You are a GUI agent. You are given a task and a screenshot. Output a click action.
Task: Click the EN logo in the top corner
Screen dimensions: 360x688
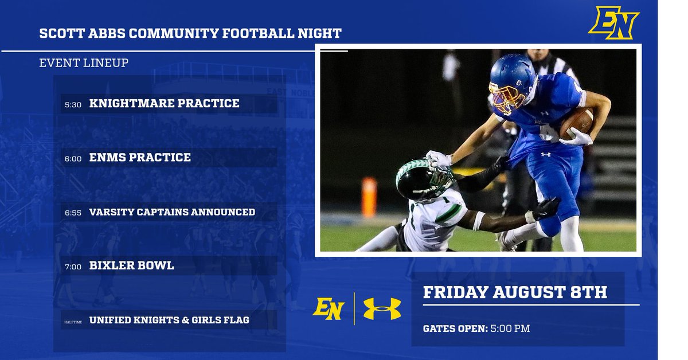613,23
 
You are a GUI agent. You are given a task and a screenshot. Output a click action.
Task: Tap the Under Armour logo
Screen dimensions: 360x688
382,308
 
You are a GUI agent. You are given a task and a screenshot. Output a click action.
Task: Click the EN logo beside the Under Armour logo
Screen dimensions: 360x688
328,308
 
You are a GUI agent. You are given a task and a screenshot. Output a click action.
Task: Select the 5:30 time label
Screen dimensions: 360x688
73,105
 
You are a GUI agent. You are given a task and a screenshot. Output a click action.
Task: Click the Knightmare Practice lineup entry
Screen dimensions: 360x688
164,104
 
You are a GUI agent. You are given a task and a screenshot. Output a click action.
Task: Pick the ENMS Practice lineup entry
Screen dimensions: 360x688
140,157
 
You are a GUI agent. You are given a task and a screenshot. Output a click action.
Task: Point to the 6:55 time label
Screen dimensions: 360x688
73,213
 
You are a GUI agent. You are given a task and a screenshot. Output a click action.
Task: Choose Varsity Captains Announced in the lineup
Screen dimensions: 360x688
172,212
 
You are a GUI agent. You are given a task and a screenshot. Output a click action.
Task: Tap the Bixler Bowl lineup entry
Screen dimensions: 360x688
131,266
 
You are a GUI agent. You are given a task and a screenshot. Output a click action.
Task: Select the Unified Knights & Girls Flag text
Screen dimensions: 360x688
169,320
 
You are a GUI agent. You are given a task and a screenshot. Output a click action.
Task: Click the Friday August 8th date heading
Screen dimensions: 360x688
515,292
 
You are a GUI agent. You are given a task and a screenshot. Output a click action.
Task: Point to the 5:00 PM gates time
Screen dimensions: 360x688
510,328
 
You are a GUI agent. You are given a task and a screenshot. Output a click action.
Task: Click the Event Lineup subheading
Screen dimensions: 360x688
84,63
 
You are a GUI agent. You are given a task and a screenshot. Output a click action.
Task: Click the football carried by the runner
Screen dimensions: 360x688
577,123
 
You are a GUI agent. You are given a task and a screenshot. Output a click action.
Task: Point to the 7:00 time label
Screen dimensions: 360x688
73,267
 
